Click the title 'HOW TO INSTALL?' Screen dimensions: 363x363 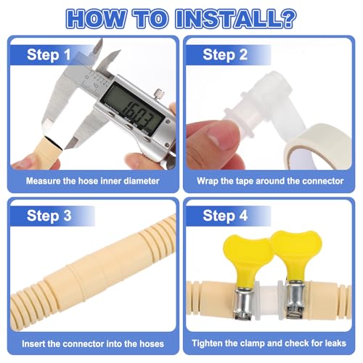click(x=181, y=17)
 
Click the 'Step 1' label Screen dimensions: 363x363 click(x=49, y=54)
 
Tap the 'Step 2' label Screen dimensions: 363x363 click(x=224, y=54)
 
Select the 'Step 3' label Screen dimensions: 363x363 click(x=49, y=215)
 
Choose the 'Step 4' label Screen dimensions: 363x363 click(x=224, y=215)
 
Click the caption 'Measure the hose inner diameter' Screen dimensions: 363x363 click(x=92, y=181)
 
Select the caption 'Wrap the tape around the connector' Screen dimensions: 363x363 click(x=269, y=181)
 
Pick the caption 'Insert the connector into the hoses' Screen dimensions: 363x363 click(x=92, y=343)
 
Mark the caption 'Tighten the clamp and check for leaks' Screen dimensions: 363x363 click(x=269, y=343)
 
